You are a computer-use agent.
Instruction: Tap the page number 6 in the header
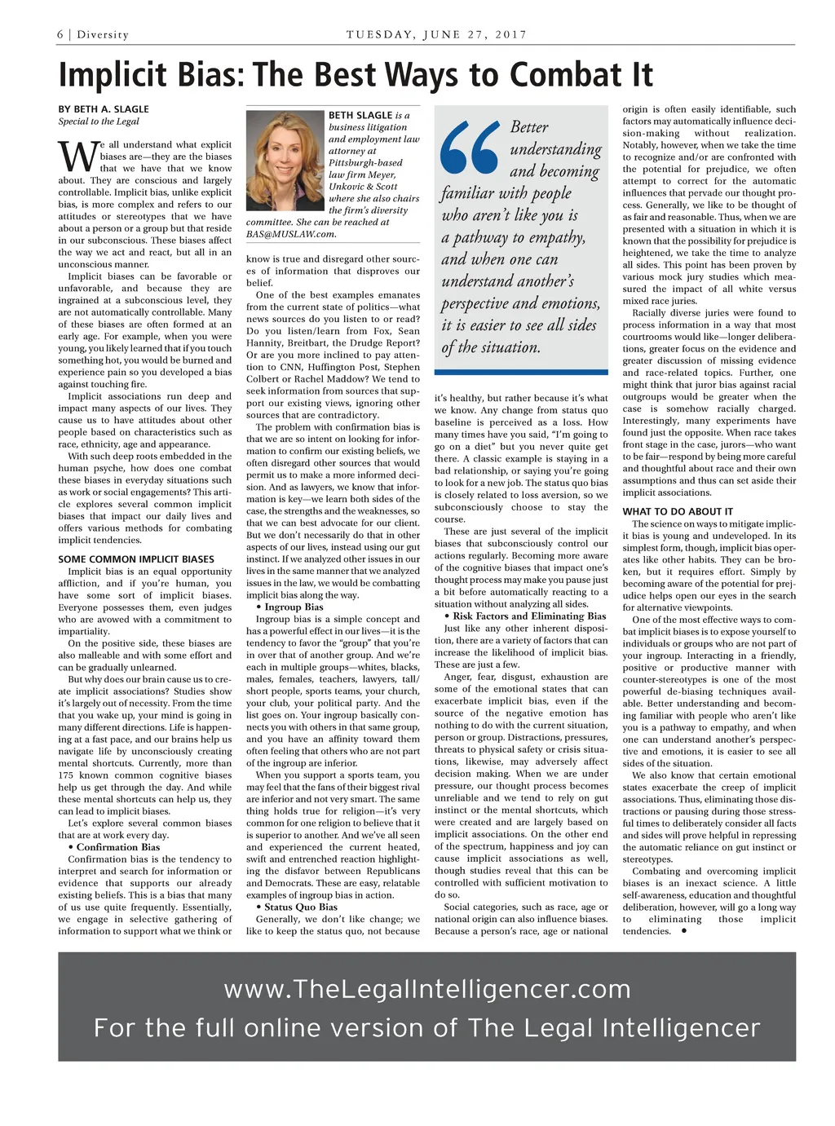(60, 34)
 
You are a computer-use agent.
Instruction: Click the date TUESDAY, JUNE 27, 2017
(436, 34)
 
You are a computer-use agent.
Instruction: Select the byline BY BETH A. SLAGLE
(104, 108)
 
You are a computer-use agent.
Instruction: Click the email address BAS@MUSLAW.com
(291, 234)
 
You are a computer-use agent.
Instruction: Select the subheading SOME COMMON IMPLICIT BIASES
(136, 559)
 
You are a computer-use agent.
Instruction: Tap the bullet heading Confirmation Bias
(118, 847)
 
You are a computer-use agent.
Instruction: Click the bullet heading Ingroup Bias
(294, 607)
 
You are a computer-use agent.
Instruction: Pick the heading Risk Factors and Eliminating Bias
(529, 616)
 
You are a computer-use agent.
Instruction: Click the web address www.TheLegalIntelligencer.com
(427, 989)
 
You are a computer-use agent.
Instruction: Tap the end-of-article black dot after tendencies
(683, 930)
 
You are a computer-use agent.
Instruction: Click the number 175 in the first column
(66, 775)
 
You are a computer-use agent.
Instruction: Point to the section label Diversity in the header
(103, 34)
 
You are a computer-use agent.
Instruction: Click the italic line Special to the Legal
(99, 121)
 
